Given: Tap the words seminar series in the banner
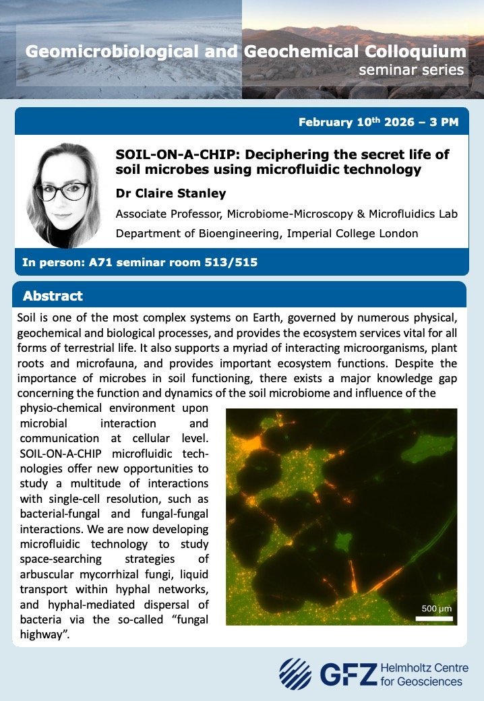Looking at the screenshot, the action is pos(411,69).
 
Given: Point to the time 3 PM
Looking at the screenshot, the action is pos(444,122).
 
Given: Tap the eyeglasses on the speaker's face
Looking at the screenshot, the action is pos(61,191).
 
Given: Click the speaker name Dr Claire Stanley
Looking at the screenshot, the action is pos(171,193).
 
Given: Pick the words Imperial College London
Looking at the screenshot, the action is pos(353,233).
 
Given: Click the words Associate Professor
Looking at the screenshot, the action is pos(168,214).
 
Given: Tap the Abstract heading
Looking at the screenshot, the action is pos(53,295).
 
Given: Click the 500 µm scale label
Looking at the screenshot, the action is pos(437,609).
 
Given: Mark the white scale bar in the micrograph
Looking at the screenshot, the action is pos(434,619).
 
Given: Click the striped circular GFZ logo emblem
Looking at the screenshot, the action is pos(295,674).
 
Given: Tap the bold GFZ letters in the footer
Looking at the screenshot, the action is pos(349,674).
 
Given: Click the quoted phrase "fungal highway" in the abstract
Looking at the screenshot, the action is pos(114,627).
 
